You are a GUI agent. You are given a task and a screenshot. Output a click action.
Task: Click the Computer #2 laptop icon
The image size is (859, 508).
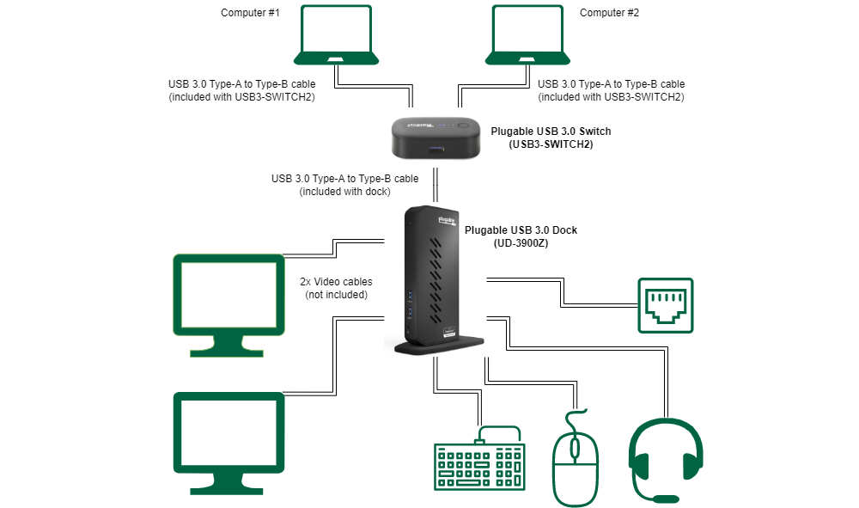527,36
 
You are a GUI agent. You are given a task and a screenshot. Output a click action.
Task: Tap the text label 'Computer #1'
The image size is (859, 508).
250,12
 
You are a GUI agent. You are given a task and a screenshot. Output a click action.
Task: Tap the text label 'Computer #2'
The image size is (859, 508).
610,12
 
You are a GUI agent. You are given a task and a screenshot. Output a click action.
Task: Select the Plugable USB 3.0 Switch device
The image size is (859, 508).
436,138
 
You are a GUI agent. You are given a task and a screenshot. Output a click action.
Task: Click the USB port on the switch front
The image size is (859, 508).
436,150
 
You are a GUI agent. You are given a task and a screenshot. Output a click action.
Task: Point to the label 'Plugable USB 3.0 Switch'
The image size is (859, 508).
551,132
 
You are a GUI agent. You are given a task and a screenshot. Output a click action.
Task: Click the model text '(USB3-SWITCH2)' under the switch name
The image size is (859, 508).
551,144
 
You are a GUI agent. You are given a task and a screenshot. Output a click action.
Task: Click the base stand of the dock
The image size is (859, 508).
438,345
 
